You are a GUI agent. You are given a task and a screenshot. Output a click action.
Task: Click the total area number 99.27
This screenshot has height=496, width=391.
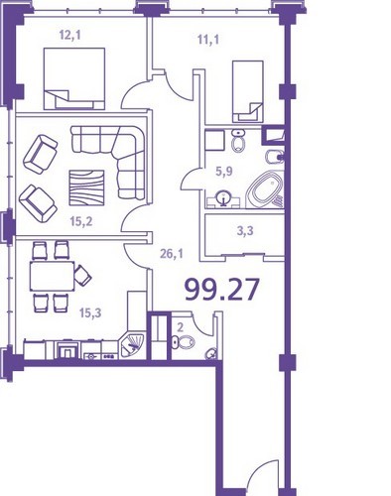(x=221, y=290)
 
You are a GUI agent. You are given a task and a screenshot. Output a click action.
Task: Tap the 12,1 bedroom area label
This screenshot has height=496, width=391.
(x=69, y=35)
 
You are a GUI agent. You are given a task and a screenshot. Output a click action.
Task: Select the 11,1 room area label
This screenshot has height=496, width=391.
(x=208, y=40)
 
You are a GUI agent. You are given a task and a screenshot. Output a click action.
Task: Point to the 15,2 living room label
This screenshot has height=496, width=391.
(x=81, y=221)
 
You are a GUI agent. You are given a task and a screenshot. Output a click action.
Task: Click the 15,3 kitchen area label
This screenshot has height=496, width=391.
(x=90, y=312)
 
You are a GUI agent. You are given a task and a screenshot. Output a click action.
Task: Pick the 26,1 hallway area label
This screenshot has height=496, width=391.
(x=172, y=254)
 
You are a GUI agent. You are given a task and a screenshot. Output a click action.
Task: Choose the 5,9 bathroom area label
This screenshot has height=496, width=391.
(x=224, y=172)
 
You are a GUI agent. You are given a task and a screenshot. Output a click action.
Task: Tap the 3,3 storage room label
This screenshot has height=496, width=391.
(x=245, y=230)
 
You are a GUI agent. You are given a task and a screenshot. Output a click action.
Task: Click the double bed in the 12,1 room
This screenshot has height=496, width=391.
(x=74, y=78)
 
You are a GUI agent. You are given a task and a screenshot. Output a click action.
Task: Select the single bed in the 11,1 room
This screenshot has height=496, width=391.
(x=248, y=91)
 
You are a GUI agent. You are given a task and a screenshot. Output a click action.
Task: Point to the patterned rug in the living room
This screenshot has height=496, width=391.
(x=86, y=187)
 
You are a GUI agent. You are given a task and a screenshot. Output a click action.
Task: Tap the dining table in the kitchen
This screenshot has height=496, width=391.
(x=52, y=276)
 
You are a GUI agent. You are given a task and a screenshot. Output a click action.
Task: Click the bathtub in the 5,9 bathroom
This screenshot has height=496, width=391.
(x=266, y=189)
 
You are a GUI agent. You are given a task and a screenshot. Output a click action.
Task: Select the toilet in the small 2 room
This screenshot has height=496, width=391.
(x=183, y=342)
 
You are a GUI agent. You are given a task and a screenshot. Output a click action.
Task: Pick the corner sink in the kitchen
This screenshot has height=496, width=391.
(x=131, y=345)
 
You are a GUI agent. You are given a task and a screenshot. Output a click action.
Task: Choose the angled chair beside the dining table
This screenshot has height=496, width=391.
(x=82, y=275)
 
